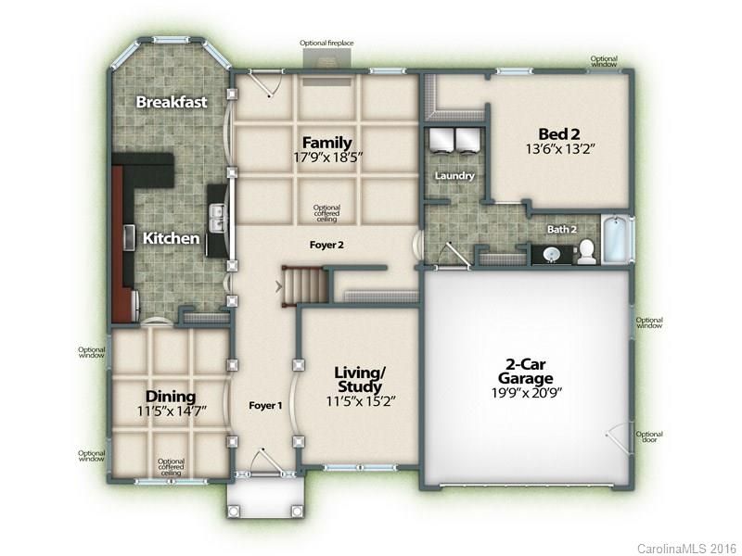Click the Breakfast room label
click(172, 102)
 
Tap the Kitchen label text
click(171, 238)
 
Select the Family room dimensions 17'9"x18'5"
click(327, 157)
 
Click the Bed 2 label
click(559, 133)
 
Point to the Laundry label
click(454, 176)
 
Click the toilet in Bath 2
click(586, 251)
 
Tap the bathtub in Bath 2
click(617, 239)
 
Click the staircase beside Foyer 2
click(305, 285)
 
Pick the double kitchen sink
click(217, 219)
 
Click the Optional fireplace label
click(326, 43)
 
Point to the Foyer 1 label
click(265, 406)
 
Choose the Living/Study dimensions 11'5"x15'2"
click(360, 401)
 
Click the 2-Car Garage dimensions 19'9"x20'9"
click(526, 392)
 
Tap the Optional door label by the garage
click(648, 436)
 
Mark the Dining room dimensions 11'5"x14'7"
click(172, 411)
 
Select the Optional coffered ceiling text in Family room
click(326, 213)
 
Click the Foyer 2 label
click(326, 245)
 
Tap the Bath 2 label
click(562, 230)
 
